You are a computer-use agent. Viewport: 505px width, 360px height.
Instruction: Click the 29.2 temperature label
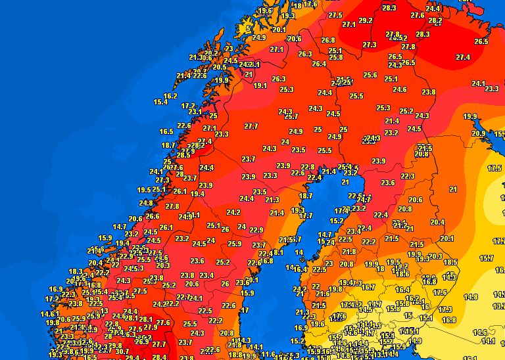pos(366,20)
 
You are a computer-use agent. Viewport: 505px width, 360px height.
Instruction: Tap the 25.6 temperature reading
pos(370,76)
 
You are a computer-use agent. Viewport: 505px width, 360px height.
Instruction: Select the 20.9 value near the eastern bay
pos(478,133)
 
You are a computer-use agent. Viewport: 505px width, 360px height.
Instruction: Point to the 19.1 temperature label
pos(260,85)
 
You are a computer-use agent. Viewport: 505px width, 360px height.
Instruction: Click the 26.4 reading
pos(319,64)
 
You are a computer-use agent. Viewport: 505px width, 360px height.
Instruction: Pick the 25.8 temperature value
pos(335,57)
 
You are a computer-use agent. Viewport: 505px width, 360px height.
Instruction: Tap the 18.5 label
pos(450,262)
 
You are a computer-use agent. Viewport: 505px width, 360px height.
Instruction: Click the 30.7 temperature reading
pos(122,352)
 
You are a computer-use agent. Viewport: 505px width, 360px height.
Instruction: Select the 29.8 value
pos(114,346)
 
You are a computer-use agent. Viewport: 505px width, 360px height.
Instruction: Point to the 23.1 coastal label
pos(195,112)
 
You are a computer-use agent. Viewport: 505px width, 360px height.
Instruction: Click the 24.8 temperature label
pos(146,203)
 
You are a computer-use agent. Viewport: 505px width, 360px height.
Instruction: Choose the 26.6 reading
pos(153,216)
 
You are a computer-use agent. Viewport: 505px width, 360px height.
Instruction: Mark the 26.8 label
pos(327,40)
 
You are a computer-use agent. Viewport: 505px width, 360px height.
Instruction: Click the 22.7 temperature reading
pos(184,298)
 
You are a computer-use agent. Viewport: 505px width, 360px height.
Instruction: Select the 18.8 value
pos(235,355)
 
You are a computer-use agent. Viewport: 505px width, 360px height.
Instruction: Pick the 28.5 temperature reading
pos(183,155)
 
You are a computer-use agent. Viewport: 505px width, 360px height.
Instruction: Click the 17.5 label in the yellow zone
pos(494,168)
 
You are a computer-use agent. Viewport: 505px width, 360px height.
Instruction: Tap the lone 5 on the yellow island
pos(248,28)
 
